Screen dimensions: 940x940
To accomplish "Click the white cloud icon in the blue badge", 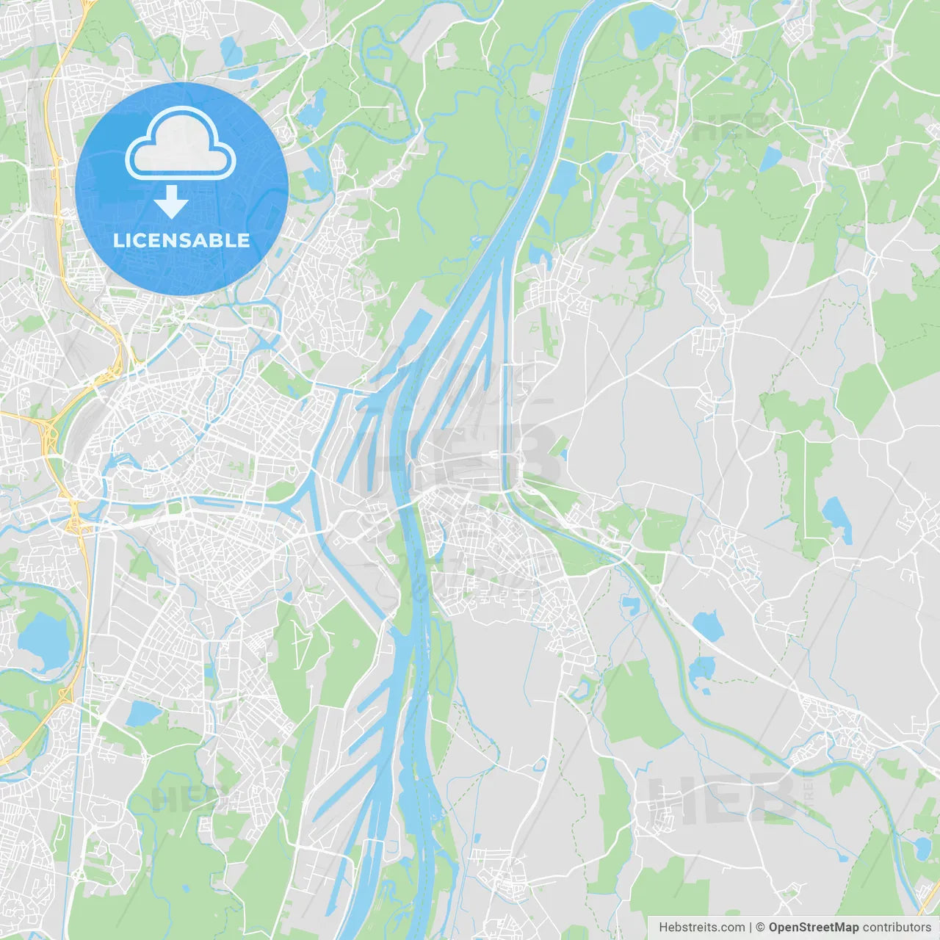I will point(181,144).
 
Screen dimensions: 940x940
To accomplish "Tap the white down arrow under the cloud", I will point(171,202).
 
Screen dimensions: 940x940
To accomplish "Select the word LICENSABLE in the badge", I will point(181,240).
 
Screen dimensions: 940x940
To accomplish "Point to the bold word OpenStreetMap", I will point(813,928).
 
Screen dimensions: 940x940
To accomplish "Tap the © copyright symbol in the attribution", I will point(760,928).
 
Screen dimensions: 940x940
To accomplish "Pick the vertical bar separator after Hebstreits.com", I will point(751,928).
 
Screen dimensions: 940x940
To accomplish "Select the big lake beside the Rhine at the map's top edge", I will point(651,23).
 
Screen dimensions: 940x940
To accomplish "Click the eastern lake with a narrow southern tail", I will point(837,517).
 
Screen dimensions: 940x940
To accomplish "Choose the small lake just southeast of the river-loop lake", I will point(142,712).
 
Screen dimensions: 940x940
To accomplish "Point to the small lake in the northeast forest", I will point(770,158).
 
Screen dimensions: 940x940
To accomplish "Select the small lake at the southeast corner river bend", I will point(921,848).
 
